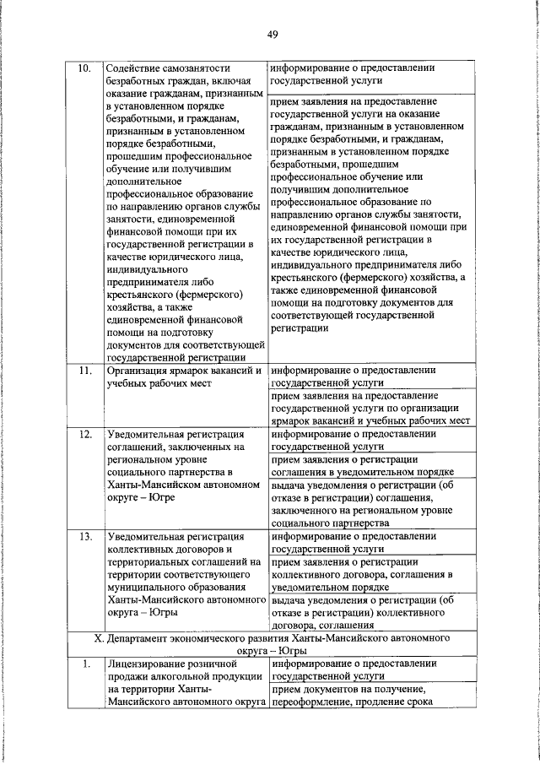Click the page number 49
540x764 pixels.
pyautogui.click(x=272, y=35)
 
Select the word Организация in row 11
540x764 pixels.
pyautogui.click(x=139, y=370)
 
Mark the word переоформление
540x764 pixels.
pyautogui.click(x=314, y=704)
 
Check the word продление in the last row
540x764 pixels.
pyautogui.click(x=391, y=704)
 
